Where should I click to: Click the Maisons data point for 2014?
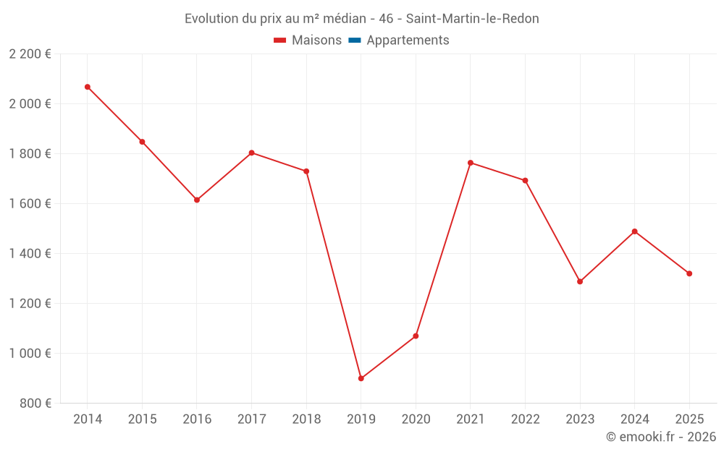88,87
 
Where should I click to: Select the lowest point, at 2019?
361,378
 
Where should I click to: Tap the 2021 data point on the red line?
471,163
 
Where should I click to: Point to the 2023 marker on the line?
580,281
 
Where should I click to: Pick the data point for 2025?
689,273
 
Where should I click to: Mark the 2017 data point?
251,153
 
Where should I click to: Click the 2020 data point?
416,336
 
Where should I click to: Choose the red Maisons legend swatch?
280,40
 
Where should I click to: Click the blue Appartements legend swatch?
355,40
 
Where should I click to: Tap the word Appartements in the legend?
408,40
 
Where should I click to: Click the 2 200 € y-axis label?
30,54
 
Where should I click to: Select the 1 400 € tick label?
30,253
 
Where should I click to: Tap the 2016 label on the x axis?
197,419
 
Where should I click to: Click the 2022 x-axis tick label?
525,419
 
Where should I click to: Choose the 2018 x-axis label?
306,419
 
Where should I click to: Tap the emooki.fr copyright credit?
661,437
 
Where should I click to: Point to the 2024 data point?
634,231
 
